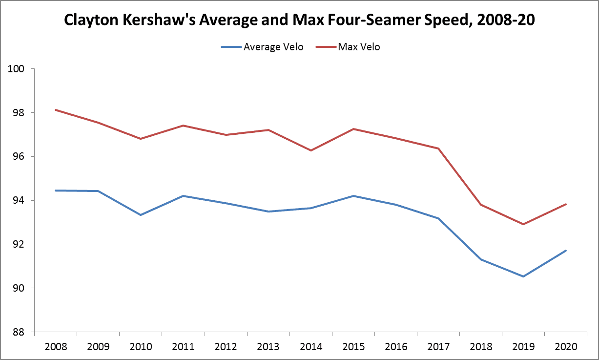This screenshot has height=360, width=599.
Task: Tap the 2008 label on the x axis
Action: coord(56,347)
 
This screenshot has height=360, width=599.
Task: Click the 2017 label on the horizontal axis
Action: coord(438,347)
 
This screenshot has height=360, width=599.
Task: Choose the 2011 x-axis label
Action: coord(183,347)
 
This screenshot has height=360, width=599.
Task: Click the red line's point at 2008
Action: coord(56,110)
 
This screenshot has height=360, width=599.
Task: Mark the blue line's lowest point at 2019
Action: coord(523,276)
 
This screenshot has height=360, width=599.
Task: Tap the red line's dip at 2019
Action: coord(523,224)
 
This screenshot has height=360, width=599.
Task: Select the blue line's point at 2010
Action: coord(141,215)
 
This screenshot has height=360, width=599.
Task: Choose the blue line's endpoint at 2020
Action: coord(566,251)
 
